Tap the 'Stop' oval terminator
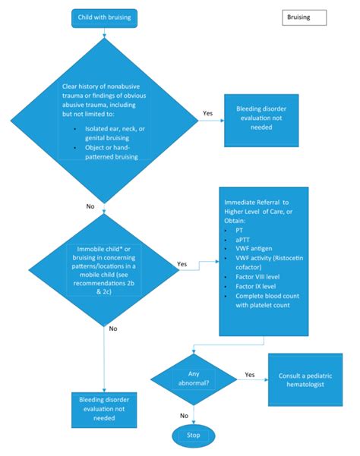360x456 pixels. pos(194,434)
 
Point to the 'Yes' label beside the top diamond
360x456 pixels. pos(207,113)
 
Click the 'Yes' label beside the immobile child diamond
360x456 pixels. pos(182,265)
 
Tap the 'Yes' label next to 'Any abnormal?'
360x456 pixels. pos(249,375)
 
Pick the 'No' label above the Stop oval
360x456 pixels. pos(184,415)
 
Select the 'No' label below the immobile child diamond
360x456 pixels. pos(112,329)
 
